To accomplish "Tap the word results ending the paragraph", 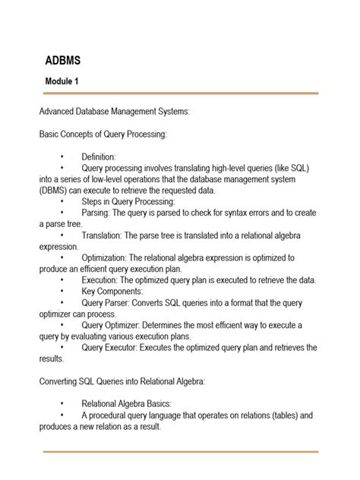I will [x=52, y=359].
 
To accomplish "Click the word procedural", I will [x=117, y=415].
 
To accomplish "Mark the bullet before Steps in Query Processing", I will [x=61, y=202].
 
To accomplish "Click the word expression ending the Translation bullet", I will [x=58, y=247].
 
